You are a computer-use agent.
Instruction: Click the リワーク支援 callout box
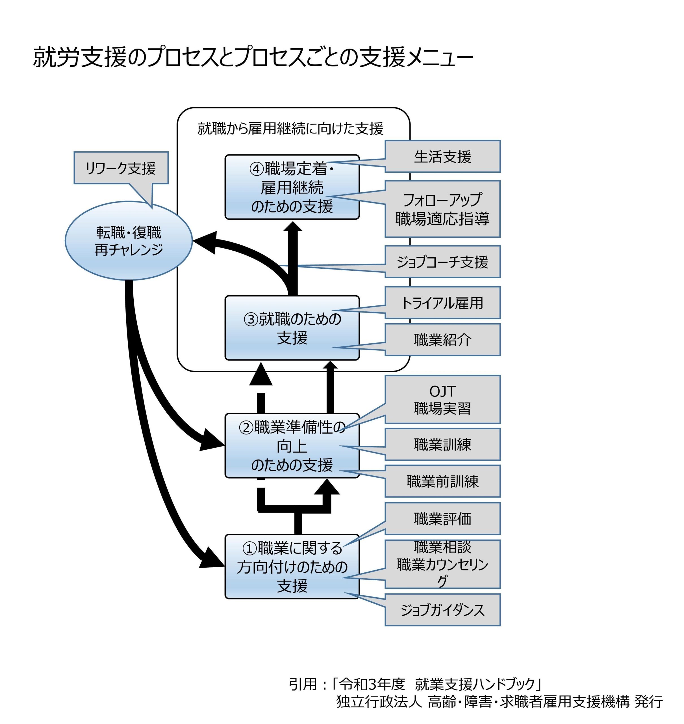pos(121,168)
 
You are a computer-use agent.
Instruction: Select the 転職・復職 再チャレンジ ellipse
pos(128,241)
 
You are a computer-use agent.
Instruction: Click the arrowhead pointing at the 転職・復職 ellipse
pos(204,242)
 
